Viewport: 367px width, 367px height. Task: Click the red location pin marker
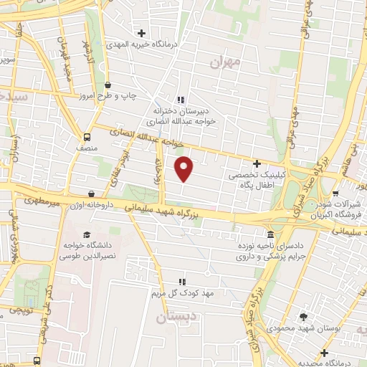coord(185,168)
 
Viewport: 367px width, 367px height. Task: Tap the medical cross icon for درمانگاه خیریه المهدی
coord(142,33)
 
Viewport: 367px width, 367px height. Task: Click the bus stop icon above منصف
coord(87,137)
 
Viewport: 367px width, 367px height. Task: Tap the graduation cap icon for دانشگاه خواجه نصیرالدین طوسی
coord(87,235)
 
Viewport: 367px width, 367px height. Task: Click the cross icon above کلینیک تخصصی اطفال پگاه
coord(257,163)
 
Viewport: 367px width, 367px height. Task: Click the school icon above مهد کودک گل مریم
coord(181,282)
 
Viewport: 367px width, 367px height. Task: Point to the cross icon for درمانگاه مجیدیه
coord(325,353)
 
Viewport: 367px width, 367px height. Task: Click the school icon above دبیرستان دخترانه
coord(181,100)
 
